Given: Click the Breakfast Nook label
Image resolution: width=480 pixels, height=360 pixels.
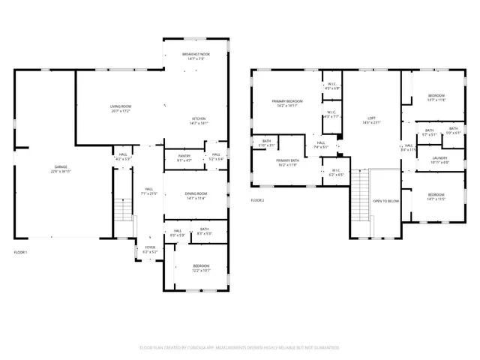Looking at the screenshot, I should pyautogui.click(x=196, y=55).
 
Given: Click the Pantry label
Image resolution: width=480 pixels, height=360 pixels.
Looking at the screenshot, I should pyautogui.click(x=184, y=157).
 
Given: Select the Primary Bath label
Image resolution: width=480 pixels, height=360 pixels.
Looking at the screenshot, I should pyautogui.click(x=287, y=162).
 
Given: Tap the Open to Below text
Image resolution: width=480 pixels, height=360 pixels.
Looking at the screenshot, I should pyautogui.click(x=385, y=201).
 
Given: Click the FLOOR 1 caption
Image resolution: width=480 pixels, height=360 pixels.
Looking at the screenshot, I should pyautogui.click(x=20, y=253).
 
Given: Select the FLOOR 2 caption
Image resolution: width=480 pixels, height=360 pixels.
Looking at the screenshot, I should pyautogui.click(x=257, y=200).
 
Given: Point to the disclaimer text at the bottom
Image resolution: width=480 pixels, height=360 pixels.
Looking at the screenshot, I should pyautogui.click(x=239, y=348).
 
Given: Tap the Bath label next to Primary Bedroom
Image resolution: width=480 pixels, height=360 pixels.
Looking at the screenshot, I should pyautogui.click(x=266, y=142).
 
